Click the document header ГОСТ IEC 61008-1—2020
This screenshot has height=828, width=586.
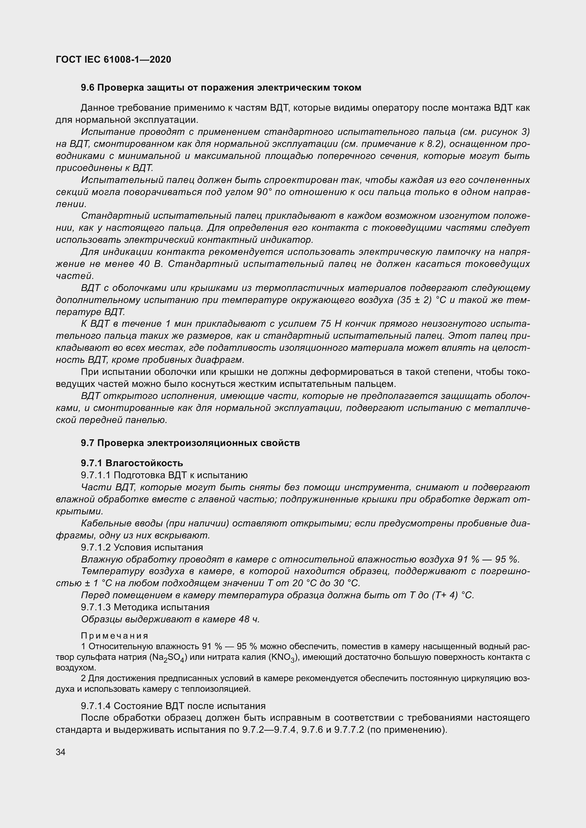(113, 59)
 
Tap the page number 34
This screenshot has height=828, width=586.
(61, 752)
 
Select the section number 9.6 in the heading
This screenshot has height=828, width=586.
(88, 88)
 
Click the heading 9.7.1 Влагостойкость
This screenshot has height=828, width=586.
(132, 463)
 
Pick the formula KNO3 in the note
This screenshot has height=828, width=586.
(284, 657)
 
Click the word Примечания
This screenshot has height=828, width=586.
(115, 635)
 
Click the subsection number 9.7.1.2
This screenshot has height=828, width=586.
(96, 547)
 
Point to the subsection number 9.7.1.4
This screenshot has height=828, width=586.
(96, 706)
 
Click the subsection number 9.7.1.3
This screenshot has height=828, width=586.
(96, 607)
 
